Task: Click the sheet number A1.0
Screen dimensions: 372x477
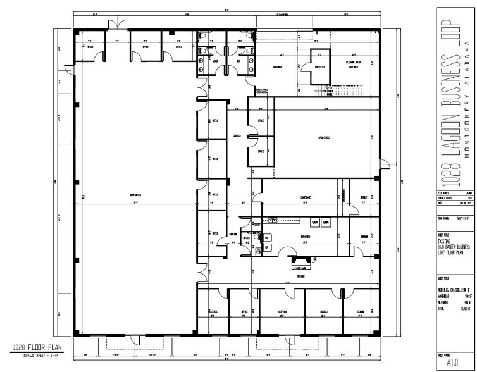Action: point(453,363)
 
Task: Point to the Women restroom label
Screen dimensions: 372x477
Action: point(214,62)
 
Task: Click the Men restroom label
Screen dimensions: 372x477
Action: point(238,62)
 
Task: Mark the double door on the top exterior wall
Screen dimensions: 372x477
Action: point(115,25)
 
